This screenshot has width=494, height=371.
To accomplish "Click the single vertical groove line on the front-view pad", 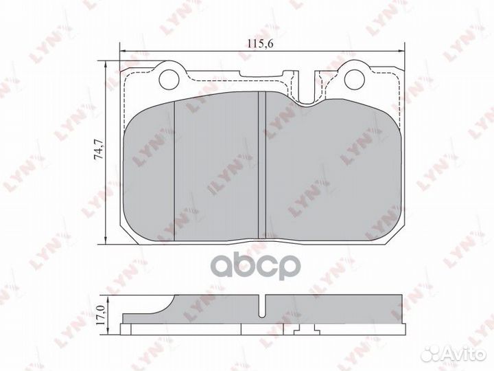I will (176, 168).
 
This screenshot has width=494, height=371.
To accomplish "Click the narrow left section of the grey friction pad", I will (151, 168).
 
